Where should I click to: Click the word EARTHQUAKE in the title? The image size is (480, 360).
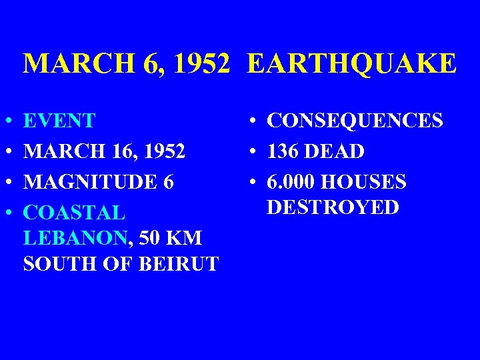[x=352, y=65]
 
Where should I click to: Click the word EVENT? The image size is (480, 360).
[x=59, y=121]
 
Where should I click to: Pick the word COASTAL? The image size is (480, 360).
[x=74, y=213]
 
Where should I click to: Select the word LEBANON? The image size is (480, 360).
[x=75, y=238]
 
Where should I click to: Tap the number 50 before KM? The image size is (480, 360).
[x=150, y=238]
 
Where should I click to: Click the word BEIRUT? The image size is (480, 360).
[x=179, y=264]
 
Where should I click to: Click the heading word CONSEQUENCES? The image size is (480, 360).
[x=355, y=121]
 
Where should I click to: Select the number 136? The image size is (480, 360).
[x=284, y=152]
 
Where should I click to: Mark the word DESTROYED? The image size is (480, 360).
[x=333, y=207]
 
